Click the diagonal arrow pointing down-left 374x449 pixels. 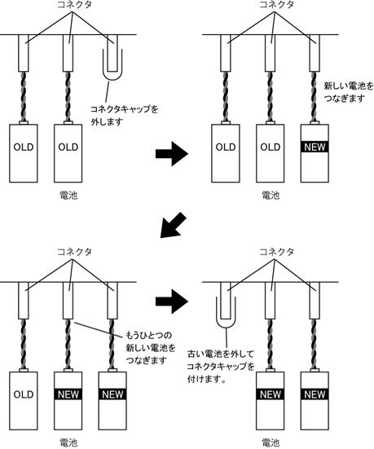click(x=173, y=226)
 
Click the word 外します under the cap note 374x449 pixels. click(x=107, y=121)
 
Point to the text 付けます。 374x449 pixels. click(x=206, y=379)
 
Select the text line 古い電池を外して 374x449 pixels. click(x=221, y=354)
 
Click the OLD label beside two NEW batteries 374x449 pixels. click(x=24, y=394)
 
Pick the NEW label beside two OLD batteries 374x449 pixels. click(x=315, y=147)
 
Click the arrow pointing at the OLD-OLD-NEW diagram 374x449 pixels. click(x=172, y=154)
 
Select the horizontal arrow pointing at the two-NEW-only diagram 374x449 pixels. click(x=172, y=302)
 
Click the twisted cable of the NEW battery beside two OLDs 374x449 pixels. click(x=315, y=96)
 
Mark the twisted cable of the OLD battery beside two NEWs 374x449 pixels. click(x=24, y=344)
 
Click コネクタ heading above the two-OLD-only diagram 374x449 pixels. click(x=74, y=5)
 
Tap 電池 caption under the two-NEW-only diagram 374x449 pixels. click(x=270, y=442)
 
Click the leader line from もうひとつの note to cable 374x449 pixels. click(x=99, y=328)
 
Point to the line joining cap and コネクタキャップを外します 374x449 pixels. click(x=108, y=93)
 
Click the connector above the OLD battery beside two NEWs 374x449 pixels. click(x=24, y=300)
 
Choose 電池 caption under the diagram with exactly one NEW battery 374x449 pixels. click(x=270, y=196)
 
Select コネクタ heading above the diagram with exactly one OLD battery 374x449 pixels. click(x=74, y=252)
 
